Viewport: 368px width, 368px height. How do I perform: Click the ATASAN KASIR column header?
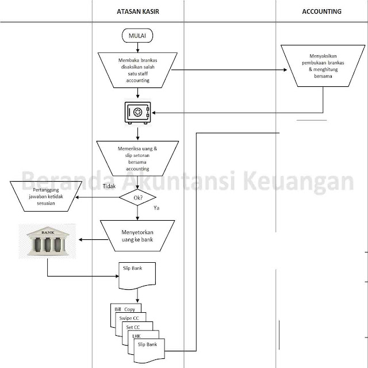coord(137,11)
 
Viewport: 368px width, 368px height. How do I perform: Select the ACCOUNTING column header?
coord(321,11)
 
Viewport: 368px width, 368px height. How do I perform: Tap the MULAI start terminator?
coord(137,36)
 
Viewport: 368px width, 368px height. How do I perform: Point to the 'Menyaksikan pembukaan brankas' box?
coord(321,66)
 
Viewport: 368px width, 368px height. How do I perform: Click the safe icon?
coord(137,113)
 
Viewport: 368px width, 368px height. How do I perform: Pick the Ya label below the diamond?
coord(156,208)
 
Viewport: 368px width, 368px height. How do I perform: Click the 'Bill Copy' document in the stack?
coord(125,309)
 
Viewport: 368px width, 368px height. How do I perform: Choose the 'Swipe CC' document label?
coord(130,318)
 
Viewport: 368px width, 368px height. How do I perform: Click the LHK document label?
coord(136,335)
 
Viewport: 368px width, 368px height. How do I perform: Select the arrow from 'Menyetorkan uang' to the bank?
coord(89,240)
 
